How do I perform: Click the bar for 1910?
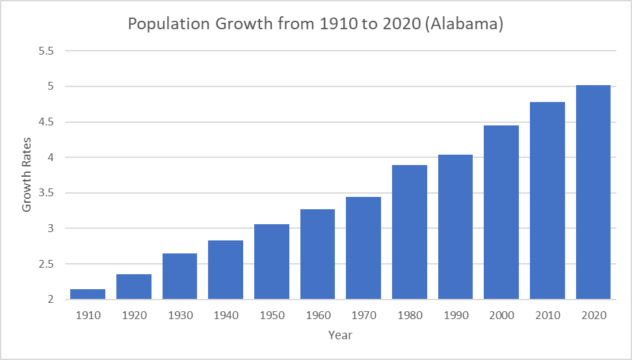click(x=88, y=294)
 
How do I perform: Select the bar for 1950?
click(x=272, y=262)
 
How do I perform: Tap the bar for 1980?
click(x=410, y=232)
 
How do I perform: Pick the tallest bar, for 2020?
click(x=593, y=192)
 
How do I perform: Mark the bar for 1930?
click(x=179, y=276)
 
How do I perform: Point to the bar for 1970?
click(x=363, y=248)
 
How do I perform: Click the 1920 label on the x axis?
click(x=134, y=315)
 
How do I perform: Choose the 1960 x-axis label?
click(x=317, y=315)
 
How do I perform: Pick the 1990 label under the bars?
click(x=455, y=315)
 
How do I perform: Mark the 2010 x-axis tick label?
click(x=547, y=315)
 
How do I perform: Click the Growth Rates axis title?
click(x=27, y=175)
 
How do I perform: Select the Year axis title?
click(x=340, y=335)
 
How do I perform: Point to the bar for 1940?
click(x=226, y=270)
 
